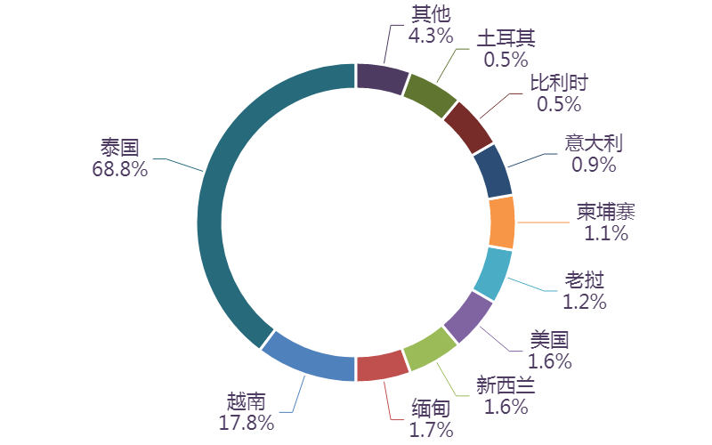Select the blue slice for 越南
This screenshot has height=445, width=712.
(307, 358)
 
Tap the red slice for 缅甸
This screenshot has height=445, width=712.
(380, 368)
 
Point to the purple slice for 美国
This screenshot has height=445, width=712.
(468, 317)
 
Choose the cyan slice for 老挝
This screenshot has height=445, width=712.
(494, 273)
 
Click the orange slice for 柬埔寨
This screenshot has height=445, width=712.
(502, 222)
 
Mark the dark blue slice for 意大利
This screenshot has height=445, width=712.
(492, 171)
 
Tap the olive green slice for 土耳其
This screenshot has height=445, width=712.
(430, 94)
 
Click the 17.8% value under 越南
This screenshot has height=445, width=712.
(246, 423)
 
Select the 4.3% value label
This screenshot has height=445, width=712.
(431, 36)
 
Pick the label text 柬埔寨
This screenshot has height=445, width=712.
(605, 212)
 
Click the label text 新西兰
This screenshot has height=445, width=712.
(506, 385)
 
